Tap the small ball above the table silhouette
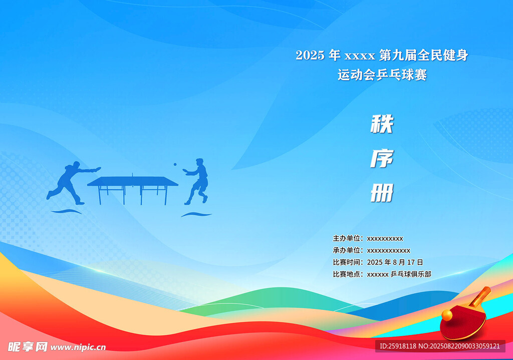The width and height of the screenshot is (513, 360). (x=175, y=164)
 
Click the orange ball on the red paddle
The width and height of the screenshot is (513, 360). (x=447, y=315)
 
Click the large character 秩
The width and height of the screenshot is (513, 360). (x=382, y=124)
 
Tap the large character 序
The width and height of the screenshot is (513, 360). (x=382, y=159)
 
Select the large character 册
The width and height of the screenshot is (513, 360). (x=382, y=193)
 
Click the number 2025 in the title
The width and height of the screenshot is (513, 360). (x=310, y=55)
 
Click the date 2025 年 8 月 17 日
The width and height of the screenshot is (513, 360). (x=395, y=262)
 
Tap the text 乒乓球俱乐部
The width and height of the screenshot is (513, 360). (x=411, y=274)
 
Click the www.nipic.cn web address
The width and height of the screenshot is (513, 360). (x=78, y=347)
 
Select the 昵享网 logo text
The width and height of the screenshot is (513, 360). (x=28, y=346)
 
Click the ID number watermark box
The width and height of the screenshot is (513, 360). (x=440, y=346)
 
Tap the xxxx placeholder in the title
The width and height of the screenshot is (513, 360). (x=360, y=56)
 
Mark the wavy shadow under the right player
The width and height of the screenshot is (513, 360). (x=196, y=214)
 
